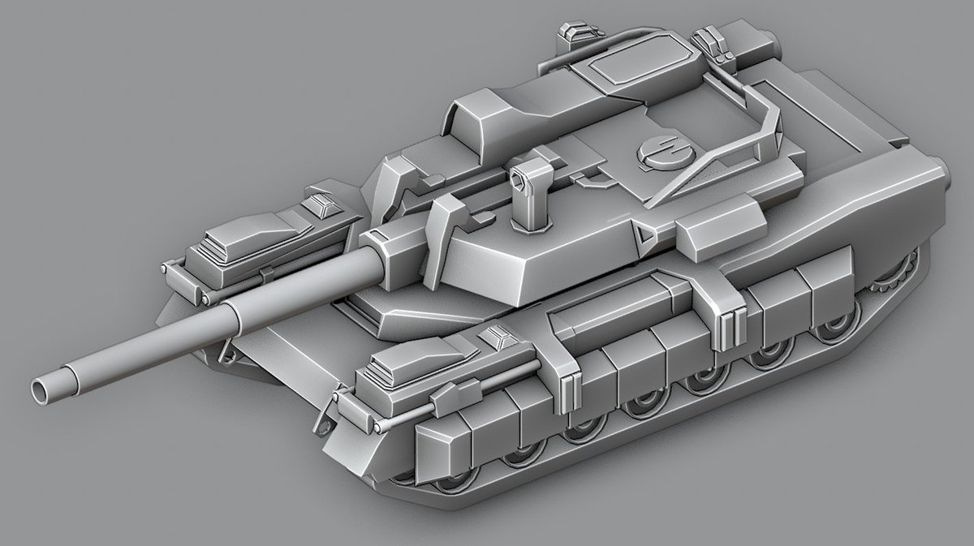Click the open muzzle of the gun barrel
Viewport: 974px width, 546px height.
(41, 390)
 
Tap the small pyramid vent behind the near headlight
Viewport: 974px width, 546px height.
(494, 337)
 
